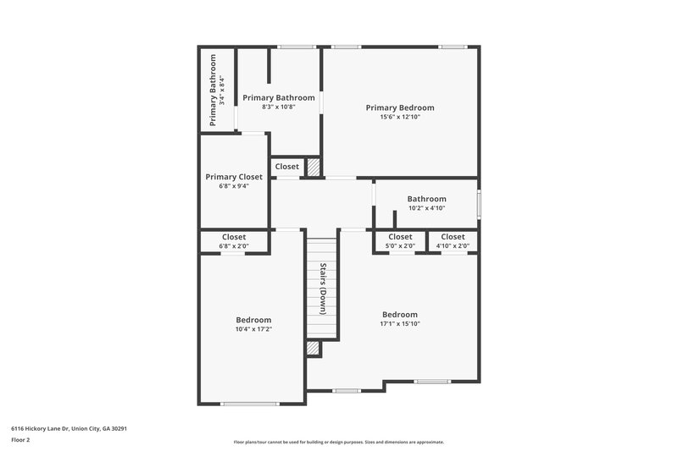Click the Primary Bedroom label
coord(400,107)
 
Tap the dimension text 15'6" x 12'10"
coord(400,118)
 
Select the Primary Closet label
coord(234,177)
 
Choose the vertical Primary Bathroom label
coord(214,91)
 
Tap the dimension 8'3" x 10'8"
coord(278,107)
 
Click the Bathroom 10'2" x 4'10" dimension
coord(426,208)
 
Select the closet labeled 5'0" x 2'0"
coord(400,241)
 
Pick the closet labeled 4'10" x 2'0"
coord(453,241)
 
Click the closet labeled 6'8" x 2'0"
coord(234,241)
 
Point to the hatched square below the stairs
coord(314,348)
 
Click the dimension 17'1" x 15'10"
coord(400,324)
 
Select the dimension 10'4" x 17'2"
coord(254,329)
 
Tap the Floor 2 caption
coord(20,440)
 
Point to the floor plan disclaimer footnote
coord(338,442)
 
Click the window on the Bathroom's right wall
coord(478,204)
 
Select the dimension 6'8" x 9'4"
coord(234,186)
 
